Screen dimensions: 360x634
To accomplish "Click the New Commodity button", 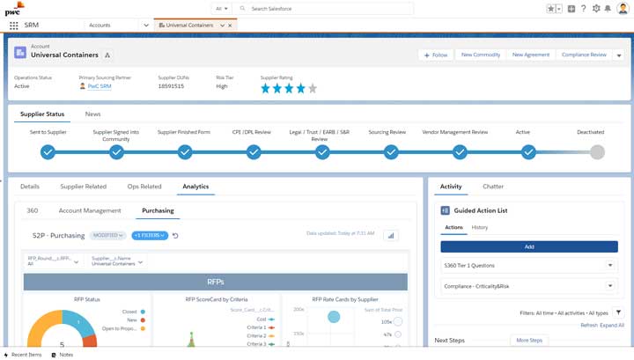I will (x=481, y=55).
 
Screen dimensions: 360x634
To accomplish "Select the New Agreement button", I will (x=531, y=55).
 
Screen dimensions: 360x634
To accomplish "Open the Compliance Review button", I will (x=584, y=55).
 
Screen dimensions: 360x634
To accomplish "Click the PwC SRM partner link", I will (x=99, y=86).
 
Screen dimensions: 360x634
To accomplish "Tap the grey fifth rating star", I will (x=313, y=88).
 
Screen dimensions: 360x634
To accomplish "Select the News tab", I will (x=92, y=114).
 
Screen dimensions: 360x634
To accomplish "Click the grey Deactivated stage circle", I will (x=597, y=151).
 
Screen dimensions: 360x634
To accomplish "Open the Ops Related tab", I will (x=144, y=187).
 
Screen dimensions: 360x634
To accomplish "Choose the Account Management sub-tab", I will (x=90, y=211).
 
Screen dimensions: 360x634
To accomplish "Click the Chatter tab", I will (x=493, y=187).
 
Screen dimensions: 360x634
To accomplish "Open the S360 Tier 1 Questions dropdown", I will (x=529, y=265).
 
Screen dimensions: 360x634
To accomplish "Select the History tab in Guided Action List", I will (x=480, y=227).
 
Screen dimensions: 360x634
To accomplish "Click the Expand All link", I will (x=612, y=325).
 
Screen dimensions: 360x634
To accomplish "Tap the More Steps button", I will (x=529, y=340).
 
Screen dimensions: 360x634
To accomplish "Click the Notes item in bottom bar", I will (x=62, y=354).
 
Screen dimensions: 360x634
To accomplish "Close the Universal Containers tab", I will (x=231, y=26).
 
